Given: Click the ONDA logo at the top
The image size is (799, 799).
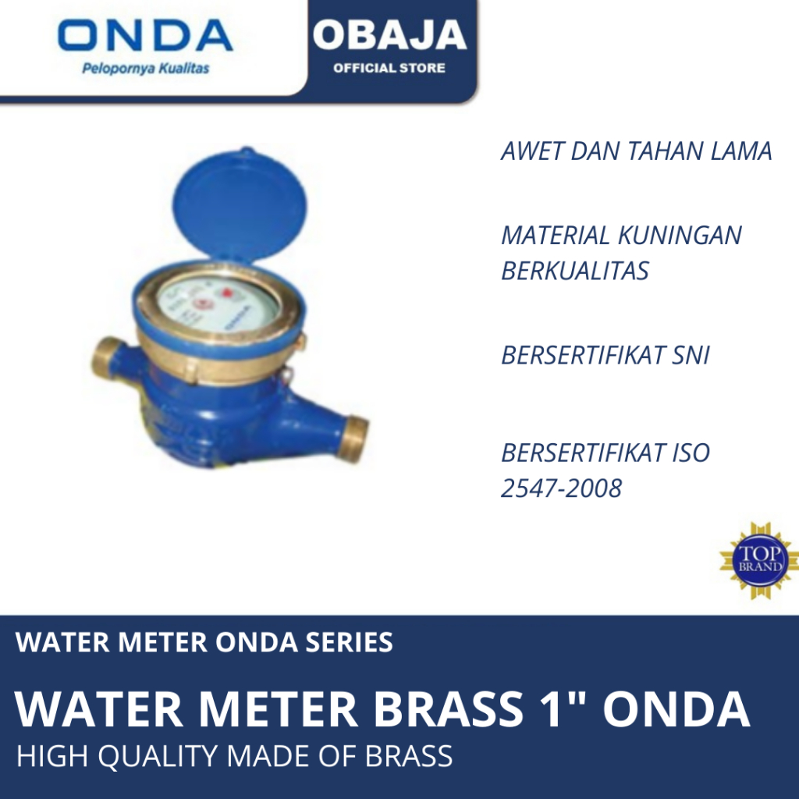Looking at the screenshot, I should pyautogui.click(x=145, y=36).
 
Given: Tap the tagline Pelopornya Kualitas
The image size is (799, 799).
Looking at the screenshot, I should pyautogui.click(x=146, y=69).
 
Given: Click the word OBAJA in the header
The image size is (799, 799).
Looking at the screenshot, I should pyautogui.click(x=389, y=36).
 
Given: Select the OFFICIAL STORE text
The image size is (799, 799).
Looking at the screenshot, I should pyautogui.click(x=389, y=68).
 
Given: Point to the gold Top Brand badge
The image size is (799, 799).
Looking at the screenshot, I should pyautogui.click(x=758, y=560).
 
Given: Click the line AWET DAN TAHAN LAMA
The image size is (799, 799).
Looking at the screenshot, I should pyautogui.click(x=636, y=151).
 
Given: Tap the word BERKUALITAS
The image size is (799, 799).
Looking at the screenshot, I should pyautogui.click(x=575, y=270).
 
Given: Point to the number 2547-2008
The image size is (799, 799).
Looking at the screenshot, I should pyautogui.click(x=561, y=488).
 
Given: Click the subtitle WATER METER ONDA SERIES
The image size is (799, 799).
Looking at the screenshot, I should pyautogui.click(x=204, y=642).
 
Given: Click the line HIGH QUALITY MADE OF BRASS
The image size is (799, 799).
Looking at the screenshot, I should pyautogui.click(x=234, y=756).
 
